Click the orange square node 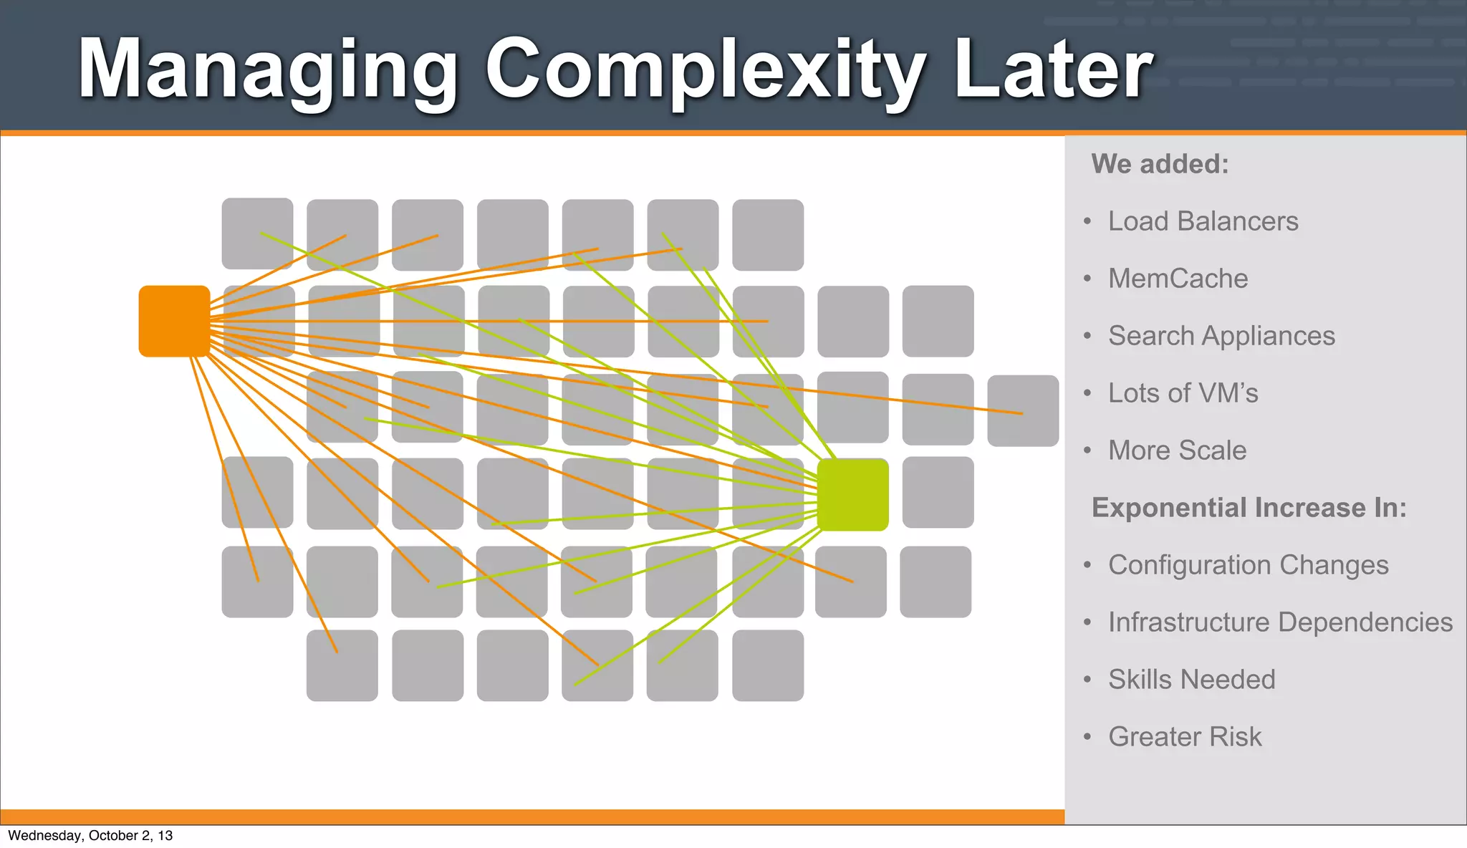(174, 321)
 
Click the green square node (852, 495)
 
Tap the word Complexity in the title (705, 69)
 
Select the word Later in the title (1053, 69)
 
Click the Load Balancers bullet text (1203, 221)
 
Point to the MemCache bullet (1178, 279)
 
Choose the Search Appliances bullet (1221, 336)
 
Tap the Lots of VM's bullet (1183, 393)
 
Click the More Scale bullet (1177, 450)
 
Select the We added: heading (1160, 164)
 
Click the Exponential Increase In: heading (1249, 508)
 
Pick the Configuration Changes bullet (1248, 565)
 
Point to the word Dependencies (1366, 622)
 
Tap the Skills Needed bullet (1191, 680)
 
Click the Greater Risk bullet (1185, 737)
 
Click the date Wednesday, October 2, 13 (90, 836)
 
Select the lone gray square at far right (1022, 411)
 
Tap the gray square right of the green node (938, 493)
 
